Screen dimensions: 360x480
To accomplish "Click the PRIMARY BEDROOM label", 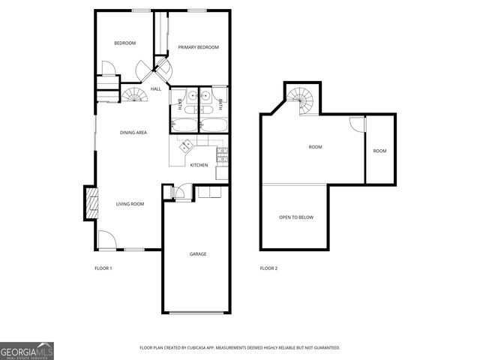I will pyautogui.click(x=198, y=47).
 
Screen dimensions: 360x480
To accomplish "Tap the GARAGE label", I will pyautogui.click(x=198, y=254).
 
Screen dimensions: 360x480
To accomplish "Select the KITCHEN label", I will pyautogui.click(x=199, y=165).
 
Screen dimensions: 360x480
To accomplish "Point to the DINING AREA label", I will pyautogui.click(x=133, y=133).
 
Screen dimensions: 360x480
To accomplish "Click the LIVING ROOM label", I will pyautogui.click(x=130, y=204).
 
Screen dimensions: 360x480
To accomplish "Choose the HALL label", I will pyautogui.click(x=156, y=89).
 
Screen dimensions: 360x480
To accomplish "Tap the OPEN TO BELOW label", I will pyautogui.click(x=296, y=217).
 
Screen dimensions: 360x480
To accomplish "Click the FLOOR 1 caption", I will pyautogui.click(x=103, y=268).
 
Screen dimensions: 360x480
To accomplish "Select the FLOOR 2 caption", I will pyautogui.click(x=268, y=268).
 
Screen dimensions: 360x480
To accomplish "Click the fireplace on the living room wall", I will pyautogui.click(x=91, y=202).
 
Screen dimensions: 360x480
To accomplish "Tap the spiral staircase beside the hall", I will pyautogui.click(x=135, y=95).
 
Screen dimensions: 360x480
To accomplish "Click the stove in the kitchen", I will pyautogui.click(x=222, y=155).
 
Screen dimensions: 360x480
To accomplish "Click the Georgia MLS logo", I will pyautogui.click(x=26, y=351).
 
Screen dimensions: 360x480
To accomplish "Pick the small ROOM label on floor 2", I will pyautogui.click(x=380, y=151).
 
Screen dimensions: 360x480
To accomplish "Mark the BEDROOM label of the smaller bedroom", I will pyautogui.click(x=124, y=43).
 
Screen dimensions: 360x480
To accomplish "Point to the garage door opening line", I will pyautogui.click(x=196, y=312).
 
